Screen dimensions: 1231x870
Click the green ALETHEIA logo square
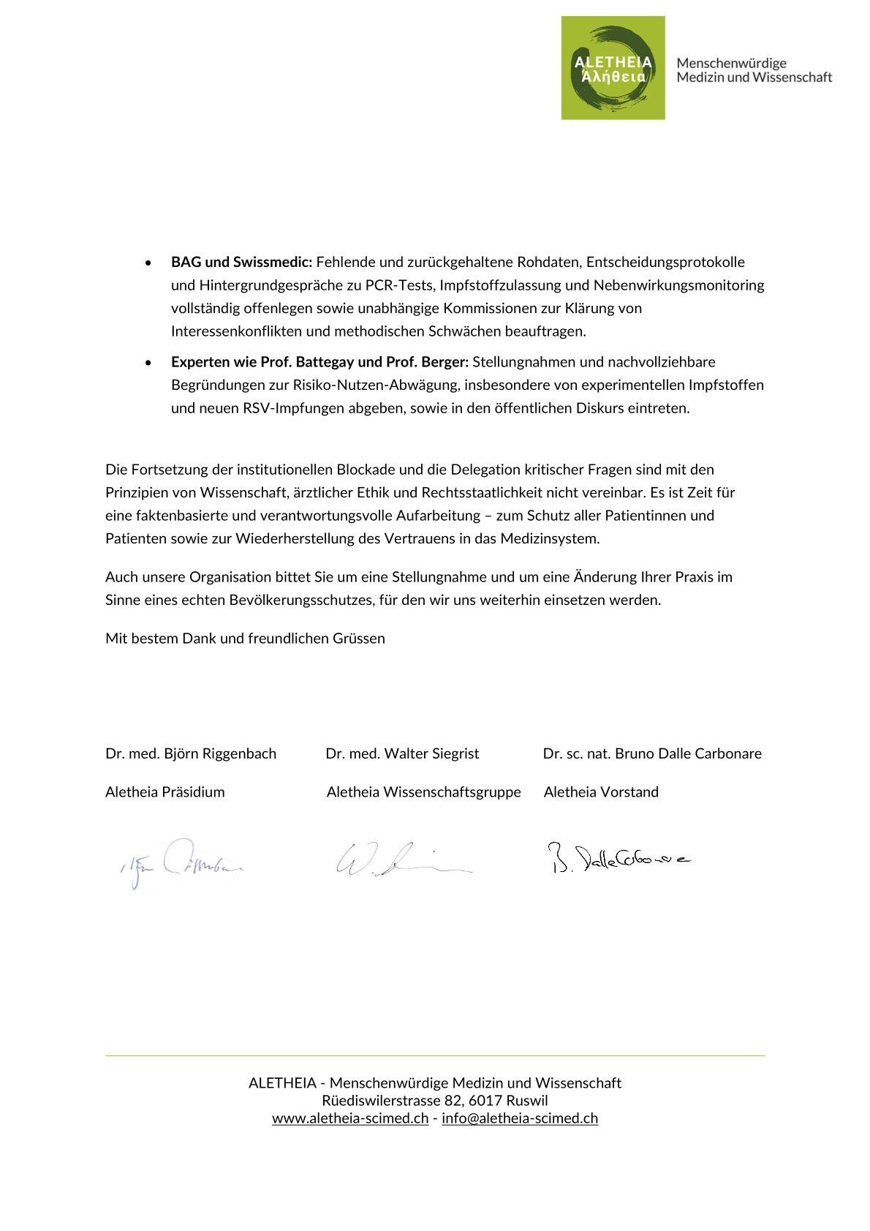point(613,68)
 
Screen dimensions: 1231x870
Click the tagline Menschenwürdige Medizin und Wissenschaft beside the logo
point(754,70)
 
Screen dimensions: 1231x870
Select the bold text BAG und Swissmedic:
point(241,262)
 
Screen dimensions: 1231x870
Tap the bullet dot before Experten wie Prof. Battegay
point(149,363)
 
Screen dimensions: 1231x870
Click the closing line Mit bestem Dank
point(245,639)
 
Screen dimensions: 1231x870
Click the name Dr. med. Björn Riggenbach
point(191,753)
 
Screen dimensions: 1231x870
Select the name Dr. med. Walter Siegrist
point(402,753)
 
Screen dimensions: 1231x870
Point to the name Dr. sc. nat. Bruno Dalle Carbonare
point(652,753)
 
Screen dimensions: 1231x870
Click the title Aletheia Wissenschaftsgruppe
point(423,792)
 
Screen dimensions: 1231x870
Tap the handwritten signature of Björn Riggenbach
point(181,863)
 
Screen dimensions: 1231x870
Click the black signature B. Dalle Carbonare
point(619,859)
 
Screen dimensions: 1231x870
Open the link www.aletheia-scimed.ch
point(350,1118)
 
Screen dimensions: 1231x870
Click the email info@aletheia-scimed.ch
point(520,1118)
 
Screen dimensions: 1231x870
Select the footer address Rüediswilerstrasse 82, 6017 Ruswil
point(435,1101)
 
